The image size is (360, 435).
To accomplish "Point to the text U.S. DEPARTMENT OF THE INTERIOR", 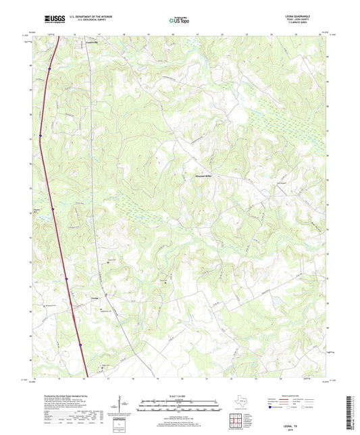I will (80, 18).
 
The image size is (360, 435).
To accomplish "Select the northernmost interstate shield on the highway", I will (49, 68).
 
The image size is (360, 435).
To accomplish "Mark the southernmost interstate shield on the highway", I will (81, 344).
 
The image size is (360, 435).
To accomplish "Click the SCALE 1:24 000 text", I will (180, 396).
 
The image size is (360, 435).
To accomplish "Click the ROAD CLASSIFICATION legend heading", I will (296, 396).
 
